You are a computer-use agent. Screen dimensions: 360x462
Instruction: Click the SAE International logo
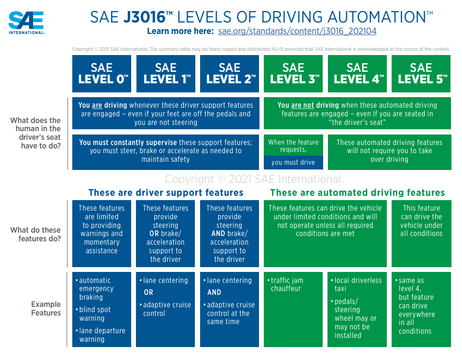pyautogui.click(x=26, y=22)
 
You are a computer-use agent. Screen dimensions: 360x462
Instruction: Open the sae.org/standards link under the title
pyautogui.click(x=297, y=31)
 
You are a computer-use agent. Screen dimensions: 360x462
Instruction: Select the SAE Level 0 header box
pyautogui.click(x=101, y=74)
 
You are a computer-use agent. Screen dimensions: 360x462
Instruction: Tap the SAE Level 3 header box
pyautogui.click(x=293, y=74)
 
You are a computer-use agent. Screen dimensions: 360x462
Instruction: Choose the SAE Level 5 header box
pyautogui.click(x=421, y=74)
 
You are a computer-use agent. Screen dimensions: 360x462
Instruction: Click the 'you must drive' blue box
pyautogui.click(x=293, y=162)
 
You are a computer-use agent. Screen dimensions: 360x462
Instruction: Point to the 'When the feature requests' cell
pyautogui.click(x=293, y=146)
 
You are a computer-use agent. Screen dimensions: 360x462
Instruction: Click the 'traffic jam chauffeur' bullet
pyautogui.click(x=287, y=284)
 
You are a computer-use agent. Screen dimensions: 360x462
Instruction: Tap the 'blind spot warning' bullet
pyautogui.click(x=95, y=314)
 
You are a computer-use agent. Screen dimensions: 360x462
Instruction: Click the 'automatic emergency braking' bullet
pyautogui.click(x=96, y=289)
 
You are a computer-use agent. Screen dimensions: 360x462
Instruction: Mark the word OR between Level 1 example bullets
pyautogui.click(x=148, y=292)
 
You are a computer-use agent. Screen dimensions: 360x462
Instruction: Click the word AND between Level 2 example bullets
pyautogui.click(x=214, y=292)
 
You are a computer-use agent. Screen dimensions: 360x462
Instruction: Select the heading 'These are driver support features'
pyautogui.click(x=166, y=193)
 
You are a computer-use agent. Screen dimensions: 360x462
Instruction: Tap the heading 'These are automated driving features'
pyautogui.click(x=357, y=193)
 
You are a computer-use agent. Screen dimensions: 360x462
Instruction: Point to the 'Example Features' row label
pyautogui.click(x=46, y=308)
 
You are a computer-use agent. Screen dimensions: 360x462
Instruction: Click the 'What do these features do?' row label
pyautogui.click(x=37, y=234)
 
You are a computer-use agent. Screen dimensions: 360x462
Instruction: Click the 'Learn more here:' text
pyautogui.click(x=180, y=31)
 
